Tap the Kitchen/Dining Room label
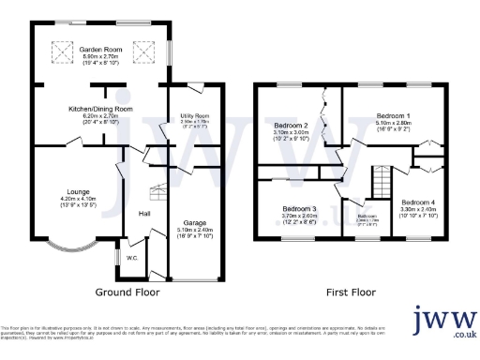[100, 110]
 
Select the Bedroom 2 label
[291, 126]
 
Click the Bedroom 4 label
[418, 203]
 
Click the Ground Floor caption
[127, 292]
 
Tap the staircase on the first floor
[381, 180]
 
